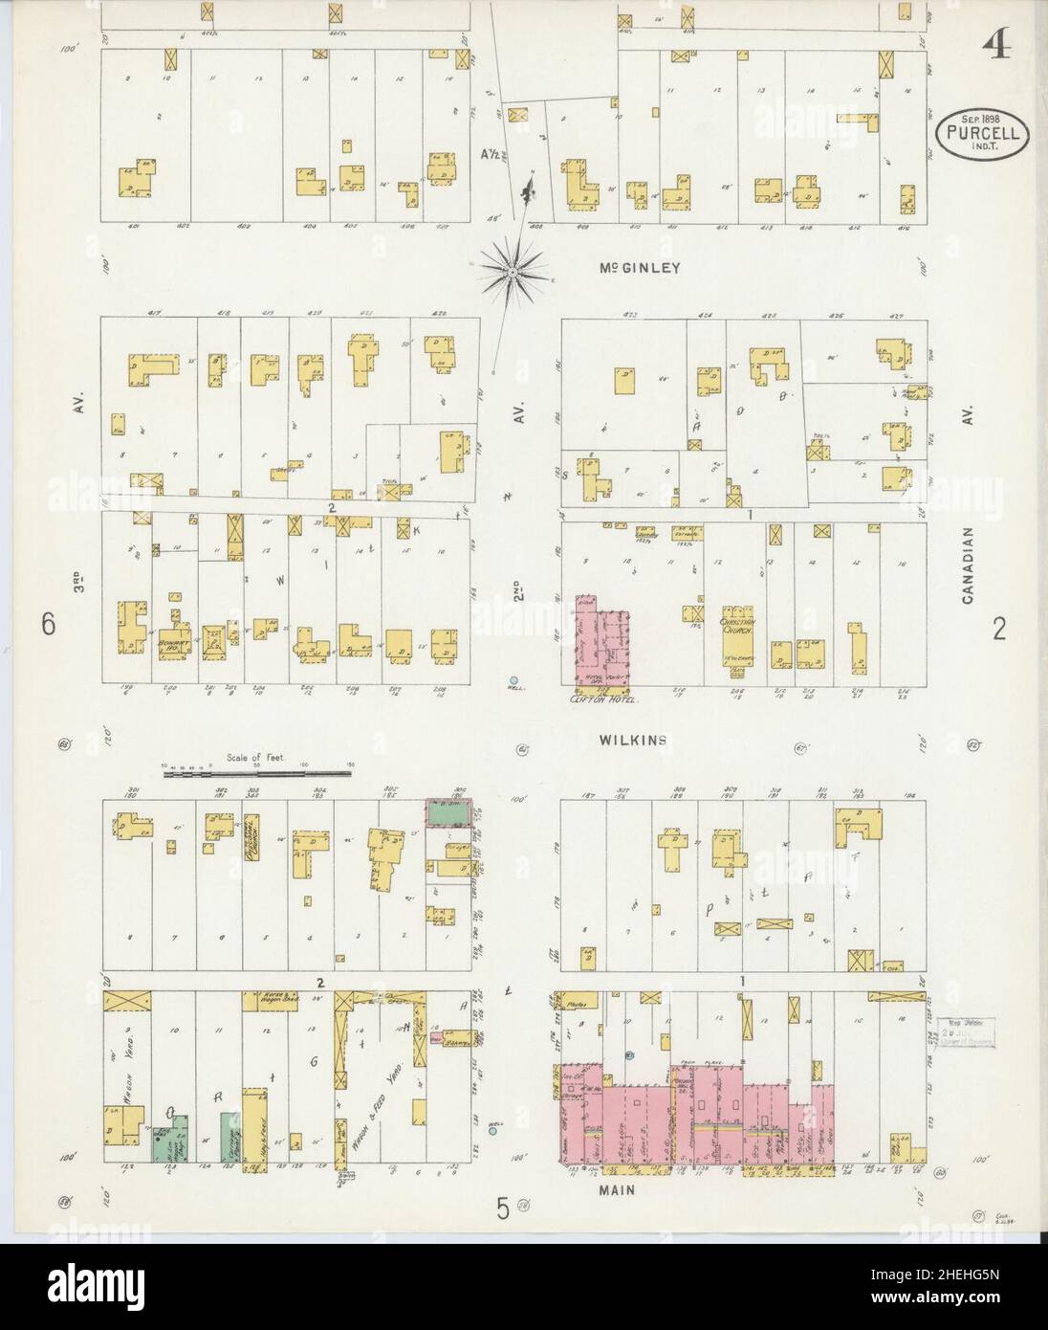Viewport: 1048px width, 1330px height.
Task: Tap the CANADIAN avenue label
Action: pos(970,564)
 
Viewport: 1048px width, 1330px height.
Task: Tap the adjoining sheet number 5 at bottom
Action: pos(502,1210)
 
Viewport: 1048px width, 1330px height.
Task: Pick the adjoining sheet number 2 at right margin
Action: pos(999,629)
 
